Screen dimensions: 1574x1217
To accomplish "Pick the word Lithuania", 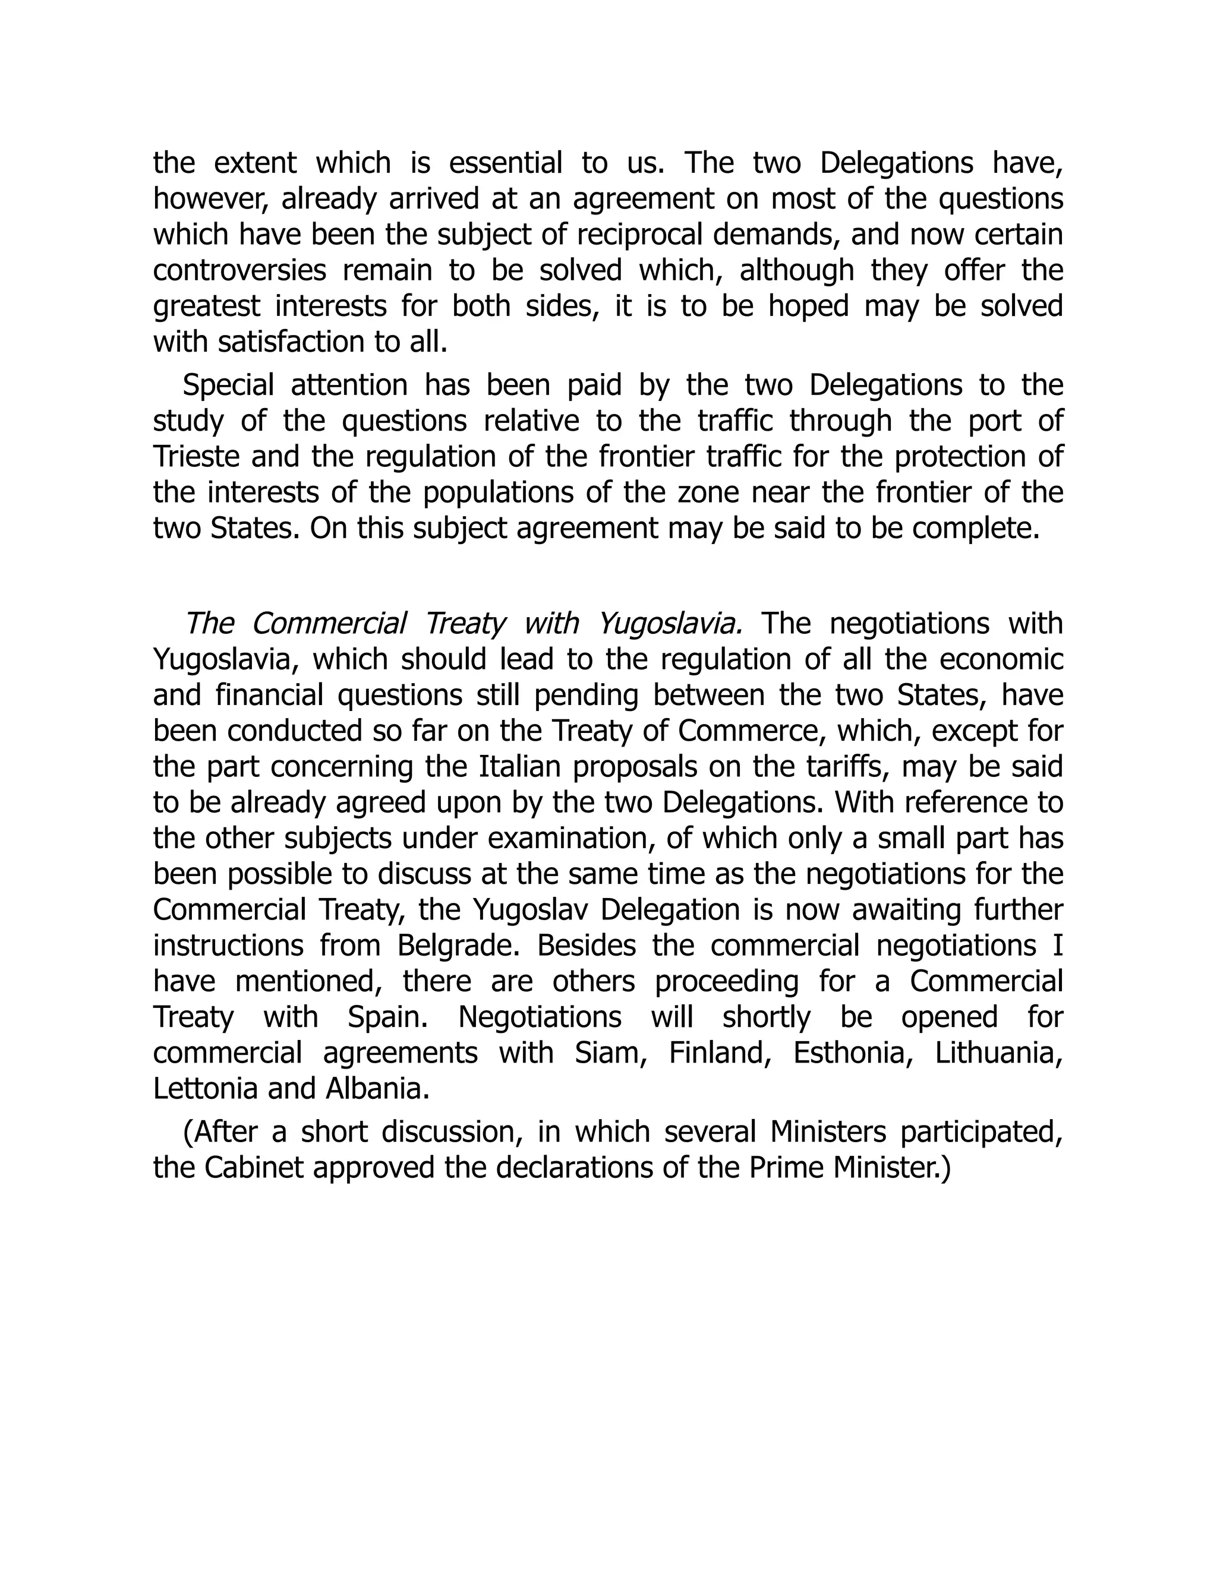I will point(1000,1053).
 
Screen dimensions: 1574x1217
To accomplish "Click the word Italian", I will point(520,766).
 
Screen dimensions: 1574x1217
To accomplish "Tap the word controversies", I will point(239,271).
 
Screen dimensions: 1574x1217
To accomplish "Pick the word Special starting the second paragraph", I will point(228,385).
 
